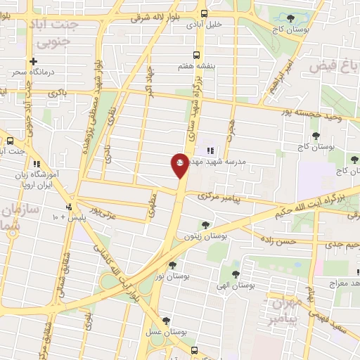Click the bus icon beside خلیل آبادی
(x=204, y=13)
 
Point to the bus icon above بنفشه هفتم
(x=197, y=53)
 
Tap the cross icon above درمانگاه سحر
(x=32, y=62)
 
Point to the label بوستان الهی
(x=236, y=285)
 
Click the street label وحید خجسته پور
(x=309, y=115)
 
